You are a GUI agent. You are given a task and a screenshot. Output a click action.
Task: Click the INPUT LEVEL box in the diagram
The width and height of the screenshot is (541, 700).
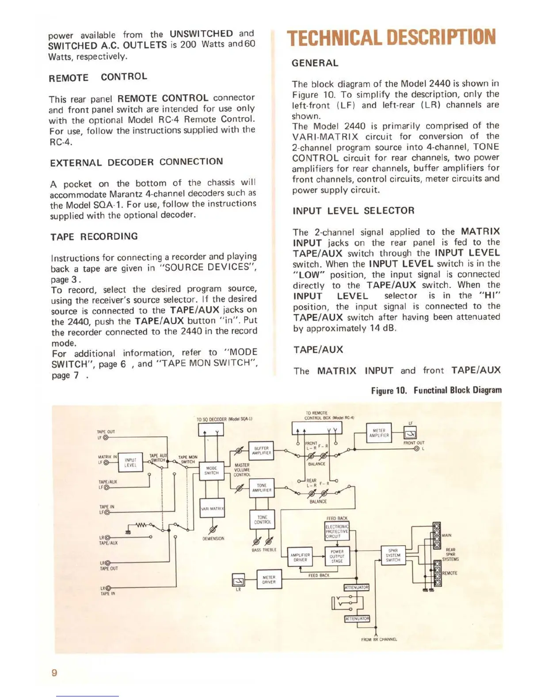tap(130, 463)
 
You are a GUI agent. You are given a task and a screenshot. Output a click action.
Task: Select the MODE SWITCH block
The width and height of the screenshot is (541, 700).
tap(211, 471)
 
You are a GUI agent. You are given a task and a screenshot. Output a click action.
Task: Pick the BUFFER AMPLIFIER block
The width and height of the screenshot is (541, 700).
tap(262, 450)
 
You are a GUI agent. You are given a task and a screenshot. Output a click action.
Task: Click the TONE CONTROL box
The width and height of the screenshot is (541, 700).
tap(262, 519)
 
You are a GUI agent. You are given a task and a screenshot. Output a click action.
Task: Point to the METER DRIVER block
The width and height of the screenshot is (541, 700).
tap(269, 579)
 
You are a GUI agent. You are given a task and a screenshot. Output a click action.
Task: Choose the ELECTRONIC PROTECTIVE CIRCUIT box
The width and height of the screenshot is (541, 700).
tap(337, 531)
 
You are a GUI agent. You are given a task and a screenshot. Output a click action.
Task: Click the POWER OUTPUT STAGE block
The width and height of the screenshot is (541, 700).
tap(337, 556)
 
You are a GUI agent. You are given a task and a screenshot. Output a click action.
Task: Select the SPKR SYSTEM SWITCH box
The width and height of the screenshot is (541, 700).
tap(393, 555)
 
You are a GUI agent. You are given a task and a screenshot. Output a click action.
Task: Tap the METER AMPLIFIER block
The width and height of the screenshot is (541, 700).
tap(379, 433)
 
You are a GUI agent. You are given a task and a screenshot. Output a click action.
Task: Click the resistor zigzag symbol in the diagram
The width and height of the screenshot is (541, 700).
tap(141, 525)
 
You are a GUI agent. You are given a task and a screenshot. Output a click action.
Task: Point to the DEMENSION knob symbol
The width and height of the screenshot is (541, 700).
tap(213, 529)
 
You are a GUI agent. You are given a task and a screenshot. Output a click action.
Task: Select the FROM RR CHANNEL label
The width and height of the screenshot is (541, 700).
tap(379, 639)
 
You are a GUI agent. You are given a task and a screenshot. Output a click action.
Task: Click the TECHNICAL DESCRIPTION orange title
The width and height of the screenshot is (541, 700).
tap(391, 37)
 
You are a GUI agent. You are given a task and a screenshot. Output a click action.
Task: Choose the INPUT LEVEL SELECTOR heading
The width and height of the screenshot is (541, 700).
tap(354, 211)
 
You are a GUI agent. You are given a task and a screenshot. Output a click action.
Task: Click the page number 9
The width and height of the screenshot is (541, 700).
tap(54, 673)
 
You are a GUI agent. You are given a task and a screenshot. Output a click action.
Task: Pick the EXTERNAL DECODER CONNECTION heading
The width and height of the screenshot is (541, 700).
tap(137, 162)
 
